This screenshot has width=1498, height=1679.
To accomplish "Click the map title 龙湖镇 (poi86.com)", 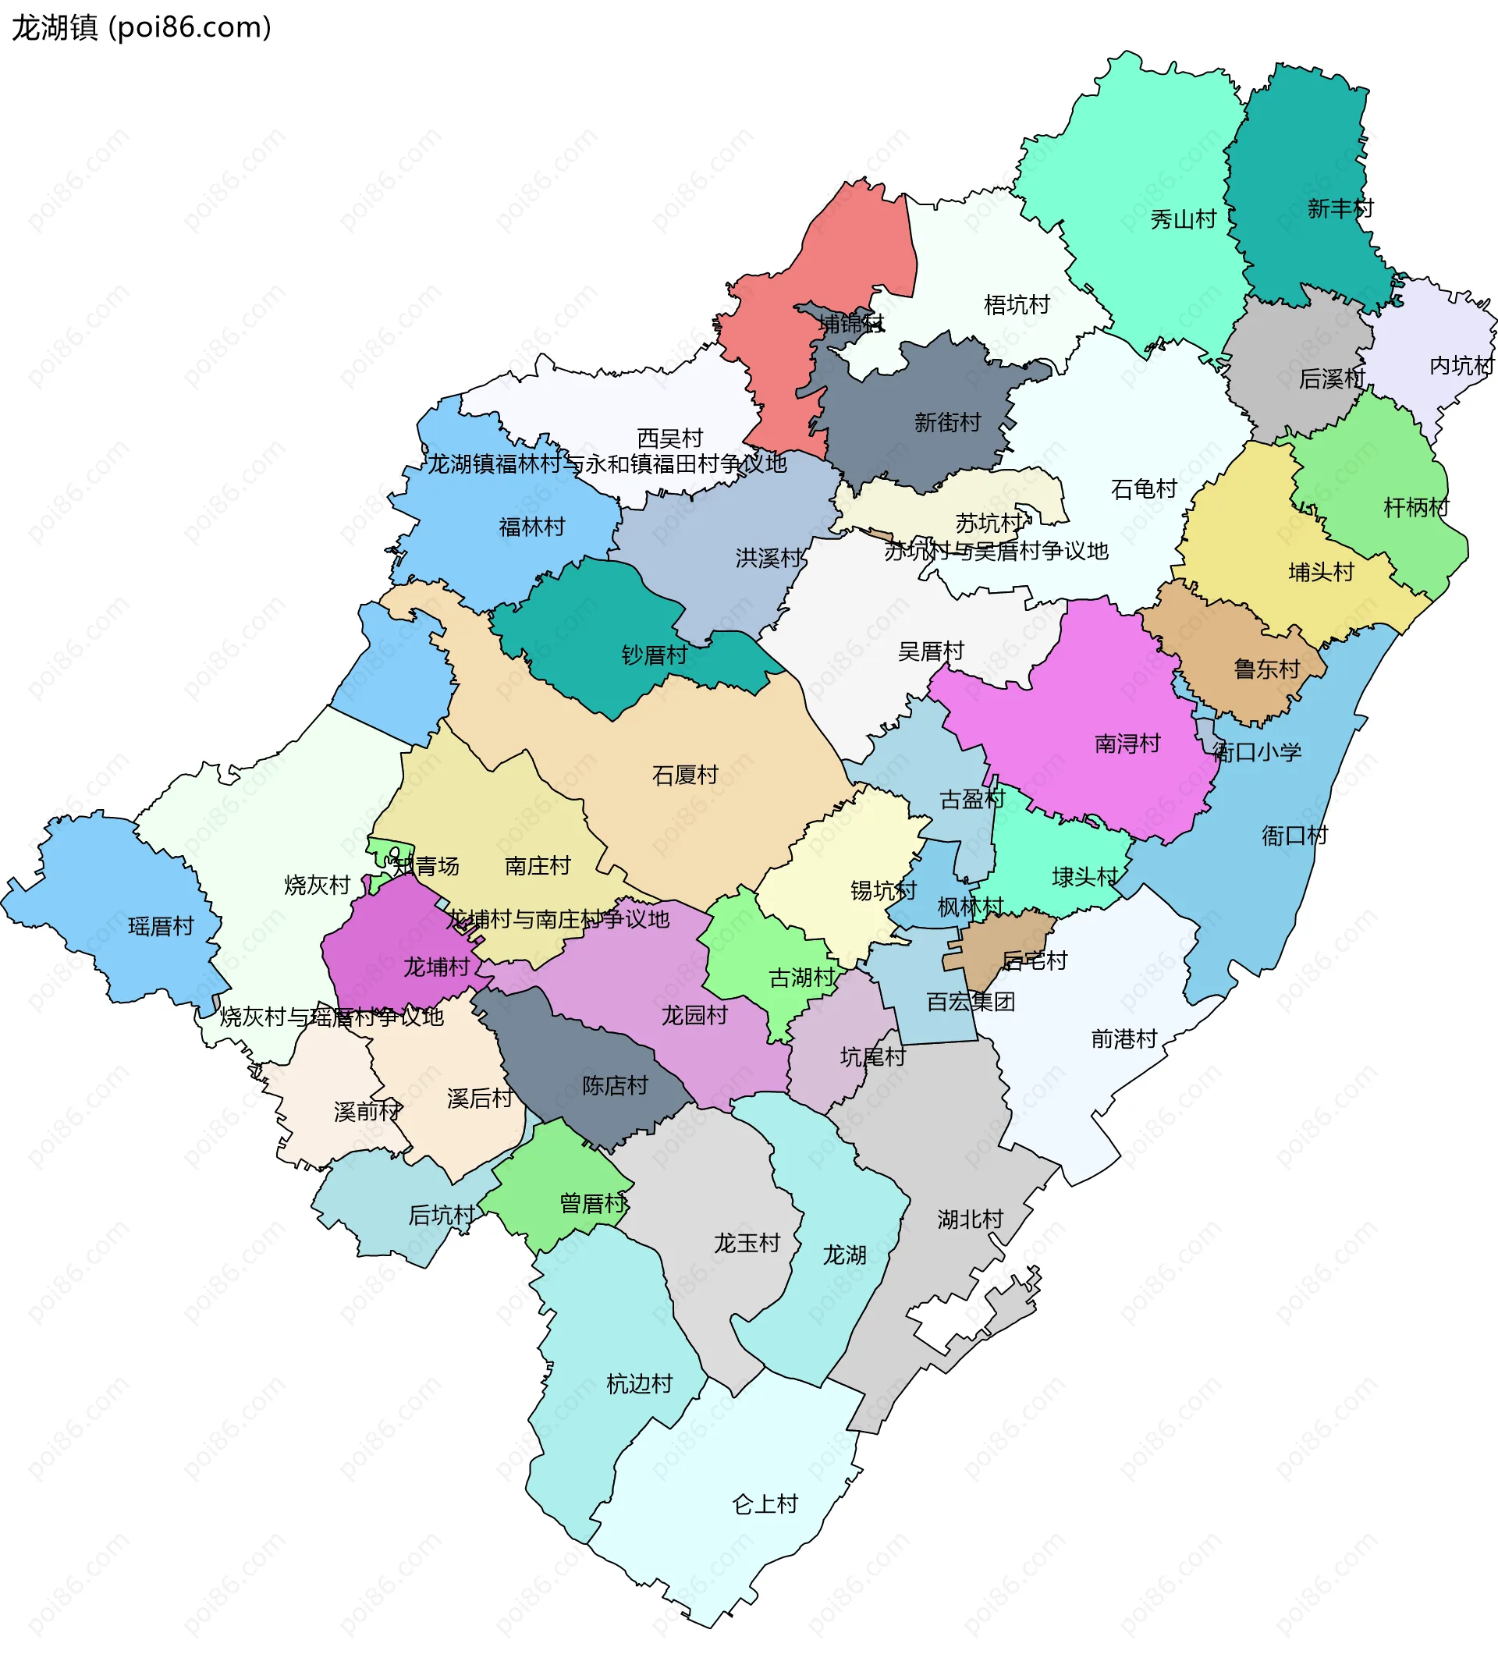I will pyautogui.click(x=140, y=28).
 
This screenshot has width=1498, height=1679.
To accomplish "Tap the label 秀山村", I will pyautogui.click(x=1183, y=220).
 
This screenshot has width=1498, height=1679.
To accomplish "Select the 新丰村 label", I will pyautogui.click(x=1340, y=209).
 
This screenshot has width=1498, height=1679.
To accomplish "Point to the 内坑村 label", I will pyautogui.click(x=1461, y=365).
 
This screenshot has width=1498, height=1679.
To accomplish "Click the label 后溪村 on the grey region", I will pyautogui.click(x=1331, y=378).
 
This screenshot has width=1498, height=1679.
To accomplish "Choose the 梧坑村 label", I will pyautogui.click(x=1017, y=305).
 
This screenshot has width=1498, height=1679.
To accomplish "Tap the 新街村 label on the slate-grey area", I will pyautogui.click(x=947, y=423).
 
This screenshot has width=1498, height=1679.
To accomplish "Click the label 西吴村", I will pyautogui.click(x=670, y=438).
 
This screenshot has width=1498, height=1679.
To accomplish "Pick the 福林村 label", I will pyautogui.click(x=531, y=527).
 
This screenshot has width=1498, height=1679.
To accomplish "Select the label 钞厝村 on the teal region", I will pyautogui.click(x=655, y=655).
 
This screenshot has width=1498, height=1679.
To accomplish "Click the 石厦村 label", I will pyautogui.click(x=685, y=776).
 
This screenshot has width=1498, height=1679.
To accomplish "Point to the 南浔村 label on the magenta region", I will pyautogui.click(x=1127, y=744).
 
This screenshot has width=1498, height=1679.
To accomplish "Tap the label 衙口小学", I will pyautogui.click(x=1257, y=752).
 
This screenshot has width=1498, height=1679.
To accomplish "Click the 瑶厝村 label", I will pyautogui.click(x=161, y=927).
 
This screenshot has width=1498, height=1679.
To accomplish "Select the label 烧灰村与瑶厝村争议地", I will pyautogui.click(x=331, y=1017).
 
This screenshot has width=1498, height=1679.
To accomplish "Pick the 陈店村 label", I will pyautogui.click(x=615, y=1085).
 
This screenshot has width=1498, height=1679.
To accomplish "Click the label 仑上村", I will pyautogui.click(x=765, y=1504).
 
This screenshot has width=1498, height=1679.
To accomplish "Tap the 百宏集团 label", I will pyautogui.click(x=971, y=1002).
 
